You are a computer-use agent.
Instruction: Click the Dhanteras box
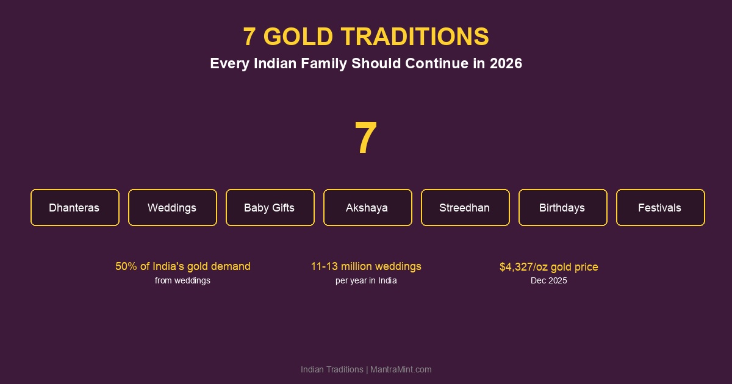click(x=74, y=208)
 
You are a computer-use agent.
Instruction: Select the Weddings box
click(x=172, y=208)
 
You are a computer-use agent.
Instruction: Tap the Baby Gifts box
click(x=270, y=208)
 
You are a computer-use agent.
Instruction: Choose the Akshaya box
click(x=367, y=208)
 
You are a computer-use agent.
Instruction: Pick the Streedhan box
click(x=465, y=208)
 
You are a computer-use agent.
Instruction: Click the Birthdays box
click(x=562, y=208)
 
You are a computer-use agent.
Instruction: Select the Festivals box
click(x=660, y=208)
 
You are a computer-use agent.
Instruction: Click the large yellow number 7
click(x=366, y=138)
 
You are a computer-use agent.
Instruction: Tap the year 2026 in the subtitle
click(x=506, y=63)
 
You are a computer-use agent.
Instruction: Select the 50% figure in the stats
click(x=126, y=266)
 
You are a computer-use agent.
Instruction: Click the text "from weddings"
click(x=182, y=280)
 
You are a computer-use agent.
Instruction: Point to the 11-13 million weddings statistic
click(x=366, y=266)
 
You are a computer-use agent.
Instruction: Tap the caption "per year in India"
click(x=366, y=280)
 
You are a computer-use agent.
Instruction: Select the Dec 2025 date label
click(x=548, y=280)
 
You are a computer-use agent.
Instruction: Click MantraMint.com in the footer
click(x=401, y=369)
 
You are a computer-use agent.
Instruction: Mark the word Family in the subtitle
click(x=324, y=63)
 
